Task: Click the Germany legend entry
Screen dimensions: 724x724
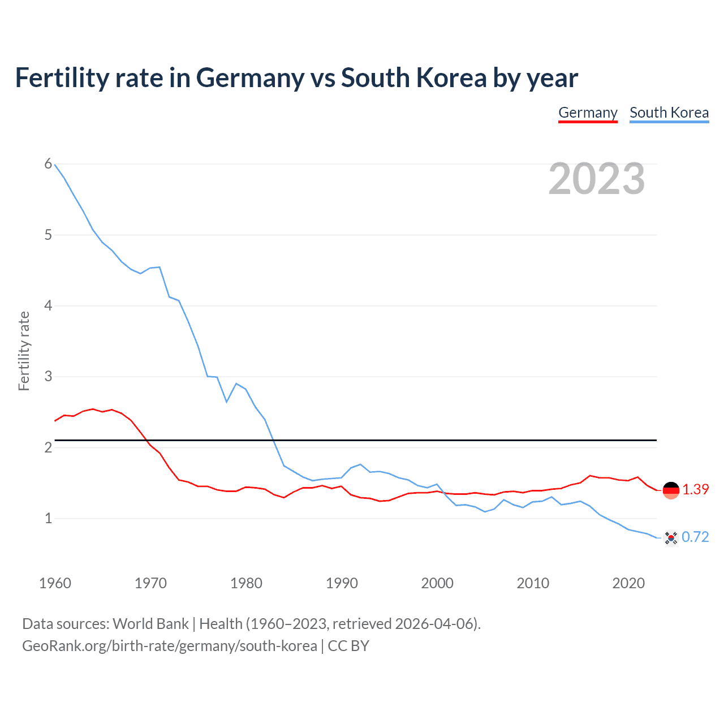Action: point(588,113)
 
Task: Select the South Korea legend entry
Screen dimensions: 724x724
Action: point(669,113)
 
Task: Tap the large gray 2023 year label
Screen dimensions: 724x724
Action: point(597,179)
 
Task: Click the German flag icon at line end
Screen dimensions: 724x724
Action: point(671,490)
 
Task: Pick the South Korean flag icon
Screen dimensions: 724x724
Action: point(671,537)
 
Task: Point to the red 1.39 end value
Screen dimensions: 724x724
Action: point(695,490)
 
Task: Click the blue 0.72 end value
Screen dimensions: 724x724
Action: point(695,537)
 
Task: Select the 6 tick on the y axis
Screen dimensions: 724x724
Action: point(48,164)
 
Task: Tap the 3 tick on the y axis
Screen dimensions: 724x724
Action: point(48,376)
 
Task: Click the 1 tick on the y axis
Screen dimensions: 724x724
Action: point(48,518)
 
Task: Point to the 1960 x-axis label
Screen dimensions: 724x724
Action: point(55,583)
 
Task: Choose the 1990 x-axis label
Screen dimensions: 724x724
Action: point(342,583)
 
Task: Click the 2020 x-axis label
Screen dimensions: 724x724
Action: point(628,583)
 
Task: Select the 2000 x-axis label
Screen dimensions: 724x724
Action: point(437,583)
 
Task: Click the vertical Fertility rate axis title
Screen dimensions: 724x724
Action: point(24,351)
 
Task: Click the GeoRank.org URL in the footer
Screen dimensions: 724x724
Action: point(170,646)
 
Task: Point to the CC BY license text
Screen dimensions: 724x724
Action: point(348,646)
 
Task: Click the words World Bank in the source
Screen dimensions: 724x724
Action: point(150,624)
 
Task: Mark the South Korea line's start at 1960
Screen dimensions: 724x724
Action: point(55,165)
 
